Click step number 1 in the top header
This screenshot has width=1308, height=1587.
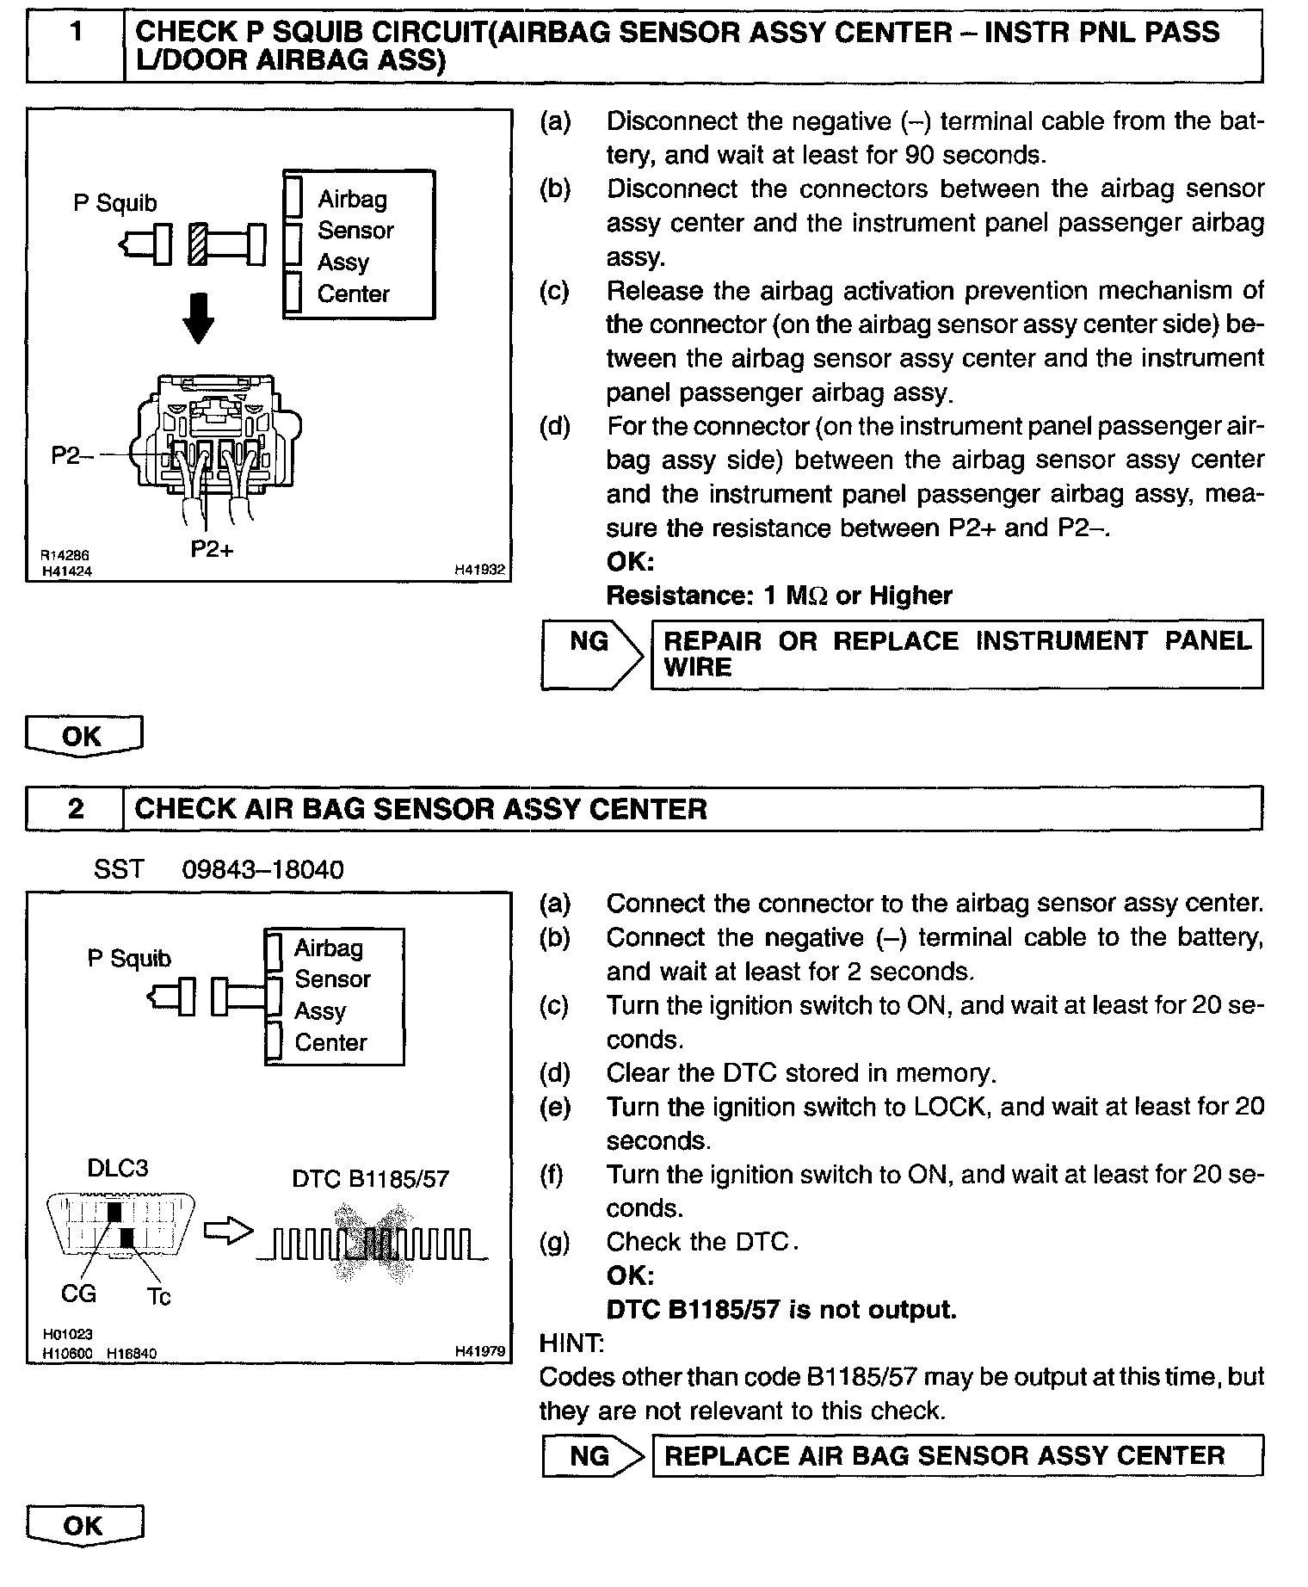pos(76,33)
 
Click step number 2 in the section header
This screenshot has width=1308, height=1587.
pos(76,809)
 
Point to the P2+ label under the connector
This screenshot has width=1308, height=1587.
pos(212,549)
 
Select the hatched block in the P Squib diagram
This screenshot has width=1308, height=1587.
pos(199,244)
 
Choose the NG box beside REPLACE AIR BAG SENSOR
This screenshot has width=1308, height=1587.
pos(589,1455)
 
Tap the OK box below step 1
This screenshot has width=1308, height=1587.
pos(83,737)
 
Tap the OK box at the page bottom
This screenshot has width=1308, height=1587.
pos(83,1526)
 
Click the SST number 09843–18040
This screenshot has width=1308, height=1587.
pos(262,869)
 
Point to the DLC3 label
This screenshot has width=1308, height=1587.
pos(118,1168)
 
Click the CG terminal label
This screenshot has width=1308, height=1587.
pos(79,1293)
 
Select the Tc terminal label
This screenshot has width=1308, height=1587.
pos(159,1296)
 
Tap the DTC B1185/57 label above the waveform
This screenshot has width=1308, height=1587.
pos(370,1178)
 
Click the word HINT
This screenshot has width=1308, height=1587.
pos(571,1343)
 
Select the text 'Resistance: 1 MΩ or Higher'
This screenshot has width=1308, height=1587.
pos(779,596)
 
